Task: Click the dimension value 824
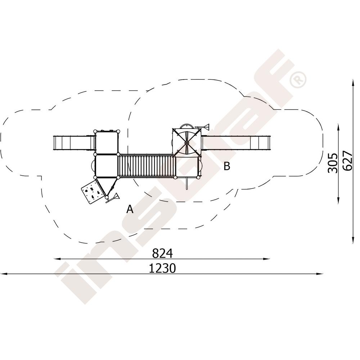coord(162,253)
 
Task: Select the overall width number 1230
coord(162,268)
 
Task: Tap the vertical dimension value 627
coord(348,161)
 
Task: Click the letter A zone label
coord(130,209)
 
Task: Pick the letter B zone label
coord(227,166)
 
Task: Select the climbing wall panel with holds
coord(91,192)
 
